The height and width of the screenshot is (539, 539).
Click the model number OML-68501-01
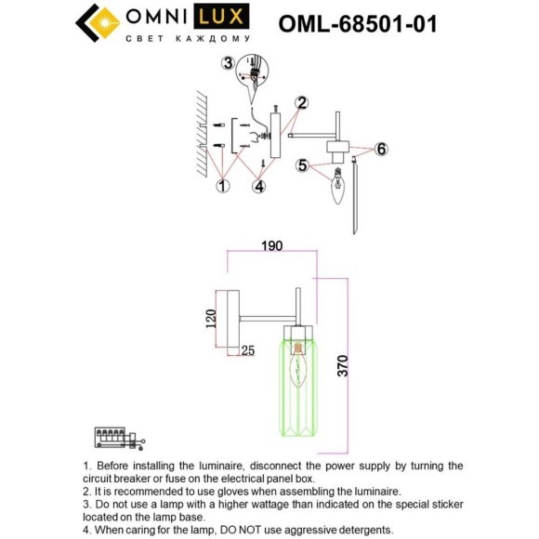pos(357,22)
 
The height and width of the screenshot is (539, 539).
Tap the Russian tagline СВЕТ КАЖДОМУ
pos(188,39)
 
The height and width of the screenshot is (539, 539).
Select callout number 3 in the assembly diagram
pos(229,63)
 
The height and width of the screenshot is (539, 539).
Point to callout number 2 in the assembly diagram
pos(302,102)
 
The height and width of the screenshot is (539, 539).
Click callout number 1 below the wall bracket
pos(222,186)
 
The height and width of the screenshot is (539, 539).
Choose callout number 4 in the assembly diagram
pos(260,186)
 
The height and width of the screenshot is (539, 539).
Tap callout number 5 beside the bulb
pos(303,165)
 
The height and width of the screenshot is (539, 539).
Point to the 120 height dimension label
pos(210,319)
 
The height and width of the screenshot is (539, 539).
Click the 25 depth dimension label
pos(248,350)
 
